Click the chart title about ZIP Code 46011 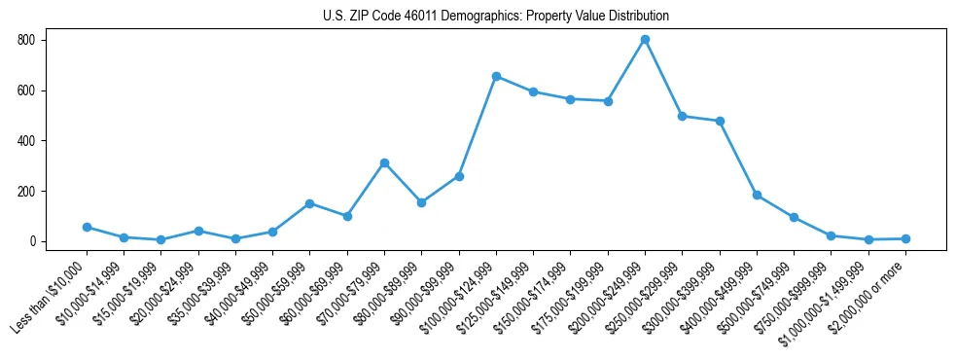[496, 17]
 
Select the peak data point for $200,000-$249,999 [645, 40]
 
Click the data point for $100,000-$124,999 [496, 76]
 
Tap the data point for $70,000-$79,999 [384, 162]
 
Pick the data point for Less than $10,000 [87, 227]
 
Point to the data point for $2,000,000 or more [905, 238]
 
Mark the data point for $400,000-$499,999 [757, 195]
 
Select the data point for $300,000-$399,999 [720, 121]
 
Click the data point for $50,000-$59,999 [309, 203]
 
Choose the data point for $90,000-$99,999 [459, 176]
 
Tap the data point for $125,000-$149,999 [533, 91]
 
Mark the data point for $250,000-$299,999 [682, 116]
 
